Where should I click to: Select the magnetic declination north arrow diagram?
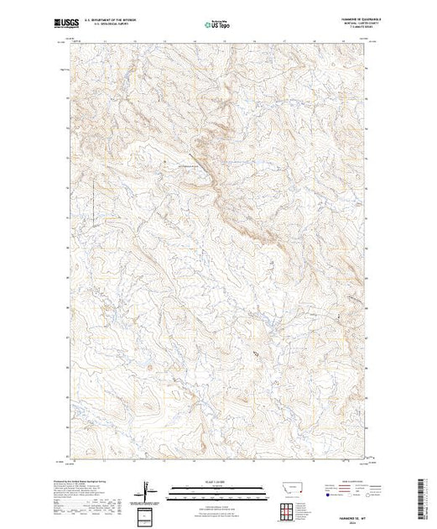(145, 489)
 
